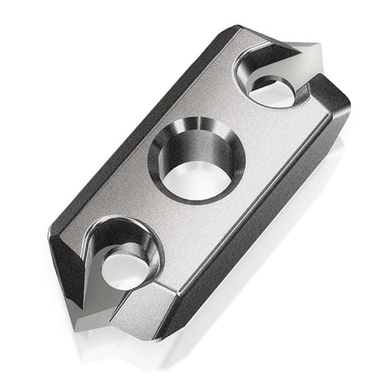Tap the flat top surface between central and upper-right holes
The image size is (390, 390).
pos(244,122)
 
